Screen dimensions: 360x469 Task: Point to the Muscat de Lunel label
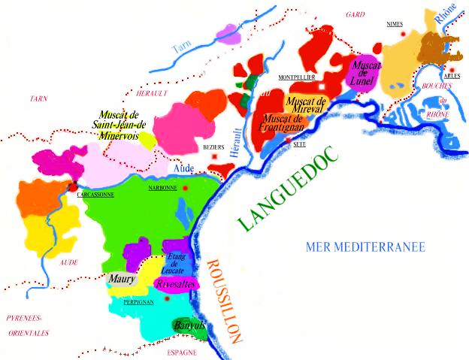click(x=367, y=73)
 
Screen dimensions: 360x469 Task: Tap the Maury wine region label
click(x=121, y=280)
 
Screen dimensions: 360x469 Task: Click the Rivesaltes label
click(x=176, y=284)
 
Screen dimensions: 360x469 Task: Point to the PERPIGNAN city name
click(x=138, y=301)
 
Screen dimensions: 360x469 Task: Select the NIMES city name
click(x=395, y=24)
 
